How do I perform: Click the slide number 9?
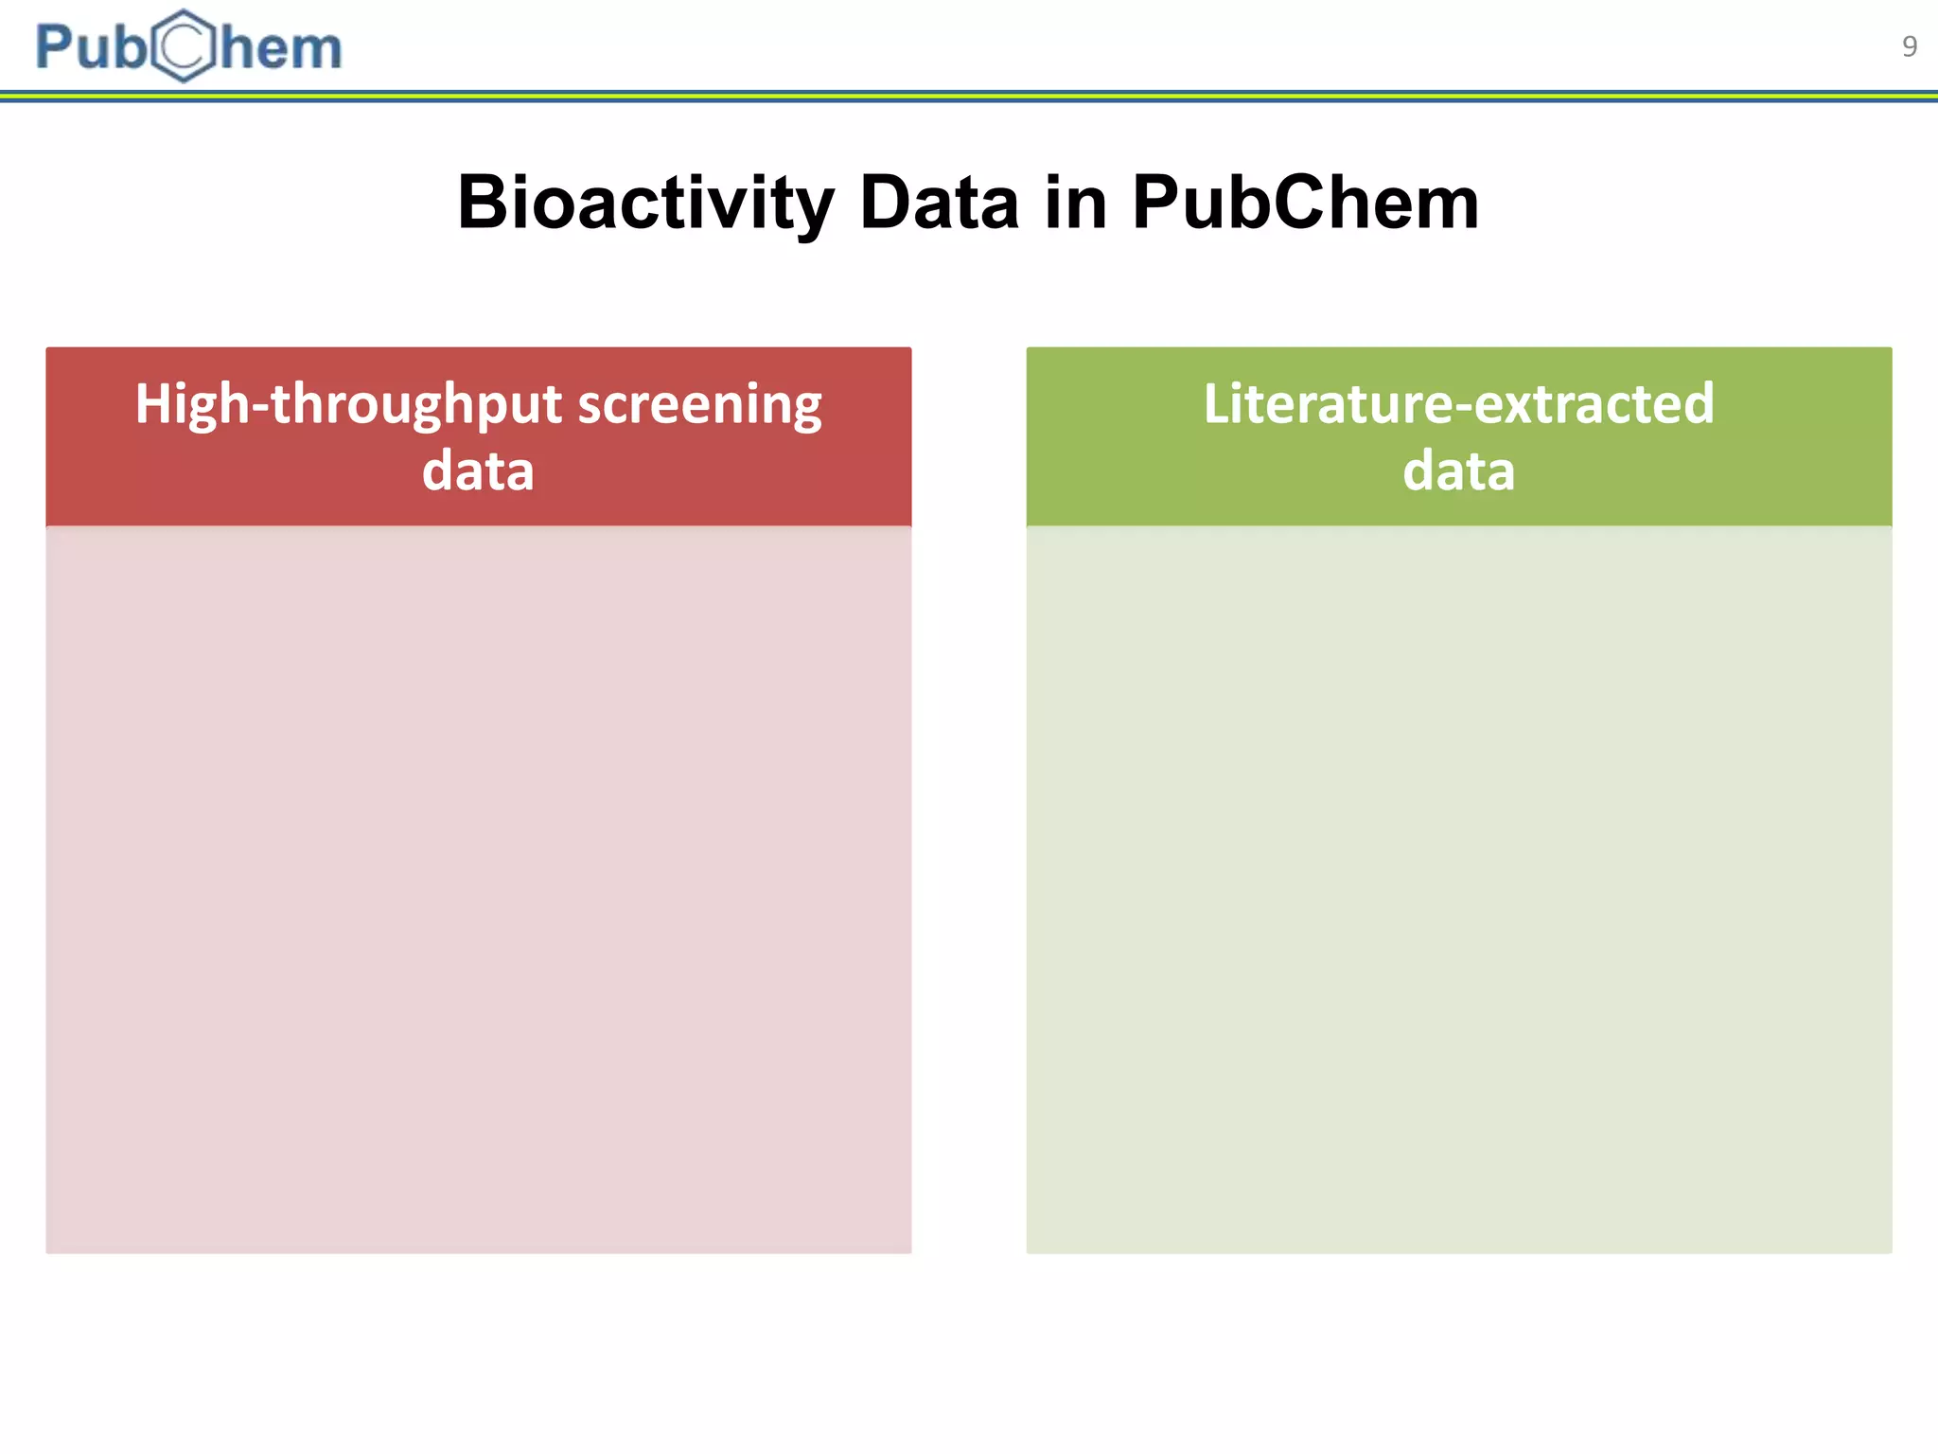point(1909,46)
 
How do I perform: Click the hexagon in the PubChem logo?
point(184,46)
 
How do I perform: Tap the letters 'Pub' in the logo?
point(91,47)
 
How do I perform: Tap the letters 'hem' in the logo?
point(281,48)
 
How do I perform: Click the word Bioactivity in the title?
point(645,203)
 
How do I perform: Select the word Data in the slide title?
point(939,203)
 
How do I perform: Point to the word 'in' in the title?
point(1076,203)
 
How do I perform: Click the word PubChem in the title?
point(1305,203)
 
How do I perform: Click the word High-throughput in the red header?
point(348,405)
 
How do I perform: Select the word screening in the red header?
point(700,405)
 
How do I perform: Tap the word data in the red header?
point(478,470)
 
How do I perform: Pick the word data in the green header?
point(1458,470)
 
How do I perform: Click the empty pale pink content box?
point(478,890)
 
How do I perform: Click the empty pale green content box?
point(1458,890)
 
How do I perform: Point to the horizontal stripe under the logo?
point(969,96)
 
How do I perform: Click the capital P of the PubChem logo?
point(55,47)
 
